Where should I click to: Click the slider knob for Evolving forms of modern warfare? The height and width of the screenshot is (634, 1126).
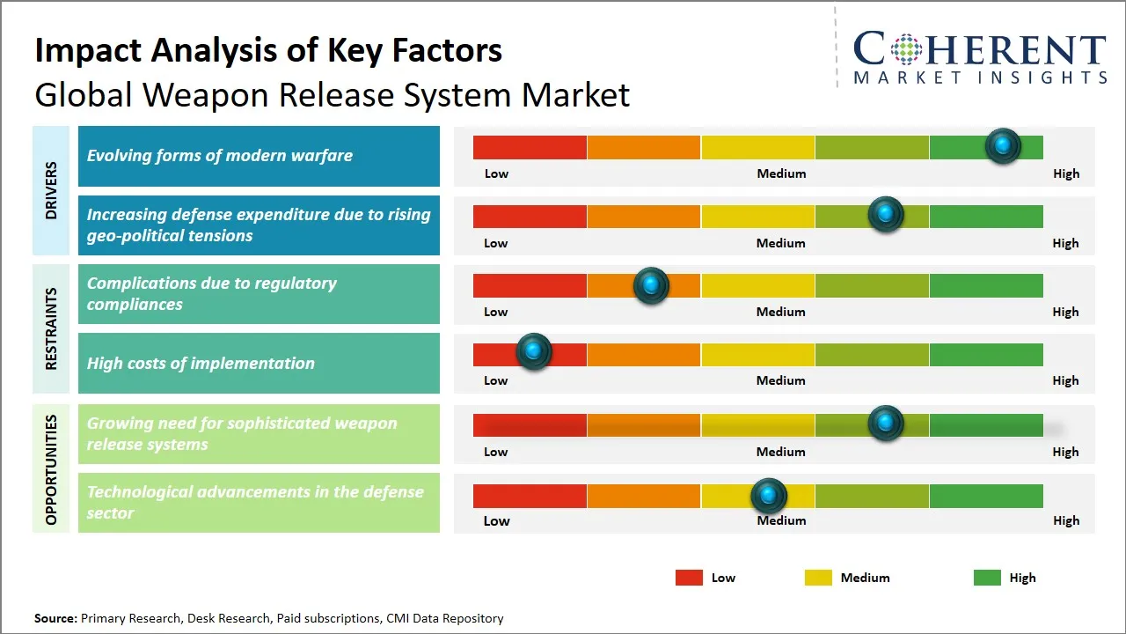[x=1002, y=145]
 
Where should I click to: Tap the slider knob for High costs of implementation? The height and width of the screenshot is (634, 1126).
[x=533, y=350]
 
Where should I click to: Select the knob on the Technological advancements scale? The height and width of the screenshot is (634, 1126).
[x=769, y=496]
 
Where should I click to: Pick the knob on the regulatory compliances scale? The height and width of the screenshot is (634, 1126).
[x=651, y=285]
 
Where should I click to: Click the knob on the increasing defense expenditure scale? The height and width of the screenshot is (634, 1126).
[x=885, y=215]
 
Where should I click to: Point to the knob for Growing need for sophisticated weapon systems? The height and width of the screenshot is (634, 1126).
[x=885, y=424]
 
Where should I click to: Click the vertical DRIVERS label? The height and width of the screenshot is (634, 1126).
[x=51, y=190]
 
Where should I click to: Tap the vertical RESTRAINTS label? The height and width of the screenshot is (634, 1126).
[x=51, y=328]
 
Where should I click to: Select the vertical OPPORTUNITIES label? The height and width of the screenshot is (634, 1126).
[x=51, y=469]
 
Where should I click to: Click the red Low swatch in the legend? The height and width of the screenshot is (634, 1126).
[x=689, y=578]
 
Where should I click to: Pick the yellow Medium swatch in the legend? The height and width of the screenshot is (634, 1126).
[x=818, y=578]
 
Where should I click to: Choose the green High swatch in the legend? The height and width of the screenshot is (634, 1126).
[x=987, y=578]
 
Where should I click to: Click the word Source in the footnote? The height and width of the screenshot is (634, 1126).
[x=55, y=618]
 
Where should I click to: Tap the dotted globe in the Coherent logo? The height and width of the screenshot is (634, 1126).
[x=905, y=49]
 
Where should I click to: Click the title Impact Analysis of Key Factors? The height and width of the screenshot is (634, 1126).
[x=268, y=50]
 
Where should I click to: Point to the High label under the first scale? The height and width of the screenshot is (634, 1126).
[x=1065, y=173]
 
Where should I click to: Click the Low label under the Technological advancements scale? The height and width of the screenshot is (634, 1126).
[x=496, y=520]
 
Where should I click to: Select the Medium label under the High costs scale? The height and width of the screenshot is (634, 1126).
[x=780, y=380]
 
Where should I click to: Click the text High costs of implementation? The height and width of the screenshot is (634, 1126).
[x=201, y=363]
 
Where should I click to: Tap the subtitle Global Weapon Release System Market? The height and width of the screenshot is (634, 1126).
[x=332, y=95]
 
